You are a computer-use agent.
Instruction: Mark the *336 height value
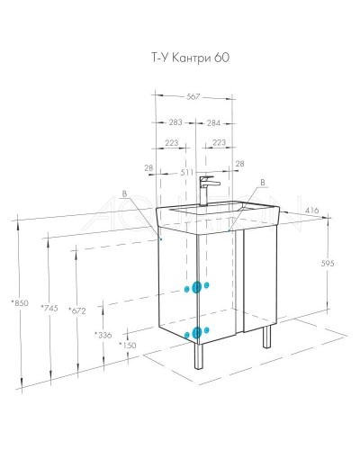coord(103,335)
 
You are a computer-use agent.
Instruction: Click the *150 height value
coord(127,346)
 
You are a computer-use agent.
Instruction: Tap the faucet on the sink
coord(206,188)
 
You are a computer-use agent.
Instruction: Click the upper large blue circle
coord(193,287)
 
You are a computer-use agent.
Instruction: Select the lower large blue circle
coord(196,333)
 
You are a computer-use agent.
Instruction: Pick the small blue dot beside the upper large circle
coord(208,284)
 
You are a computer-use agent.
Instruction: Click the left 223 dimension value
coord(171,142)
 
